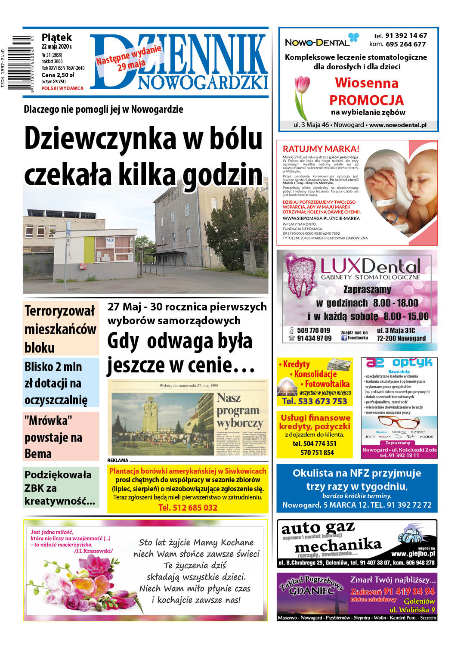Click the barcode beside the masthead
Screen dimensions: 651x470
click(21, 63)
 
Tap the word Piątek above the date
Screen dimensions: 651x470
click(56, 37)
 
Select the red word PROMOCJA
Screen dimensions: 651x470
click(366, 100)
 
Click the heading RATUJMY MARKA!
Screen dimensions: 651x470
click(321, 149)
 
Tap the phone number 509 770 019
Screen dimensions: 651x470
click(313, 331)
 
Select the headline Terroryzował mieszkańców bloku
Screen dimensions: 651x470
click(60, 329)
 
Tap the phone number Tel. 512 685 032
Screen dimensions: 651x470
click(188, 508)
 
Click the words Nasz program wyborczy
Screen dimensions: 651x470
click(239, 410)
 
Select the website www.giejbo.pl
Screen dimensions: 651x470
click(413, 554)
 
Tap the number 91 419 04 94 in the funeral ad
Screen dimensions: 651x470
click(393, 592)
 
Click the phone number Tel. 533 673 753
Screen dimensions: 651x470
click(314, 401)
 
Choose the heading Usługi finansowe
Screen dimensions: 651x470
click(315, 418)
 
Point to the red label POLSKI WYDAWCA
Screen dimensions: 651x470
click(62, 88)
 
